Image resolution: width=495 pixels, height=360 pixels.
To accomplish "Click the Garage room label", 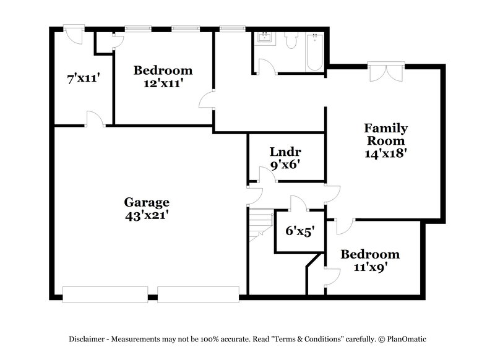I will tap(147, 202).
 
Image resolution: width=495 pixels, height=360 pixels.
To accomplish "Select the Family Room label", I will tap(385, 134).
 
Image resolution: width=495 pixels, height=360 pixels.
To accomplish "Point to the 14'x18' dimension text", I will tap(385, 153).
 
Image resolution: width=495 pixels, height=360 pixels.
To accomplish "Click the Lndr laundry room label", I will tap(285, 152).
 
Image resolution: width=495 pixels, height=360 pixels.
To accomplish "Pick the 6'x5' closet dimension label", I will tap(300, 231).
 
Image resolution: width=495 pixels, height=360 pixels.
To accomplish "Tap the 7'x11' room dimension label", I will tap(83, 79).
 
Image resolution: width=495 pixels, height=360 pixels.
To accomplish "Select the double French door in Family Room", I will tap(386, 72).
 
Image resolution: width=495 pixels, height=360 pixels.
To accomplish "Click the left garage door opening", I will tap(105, 294).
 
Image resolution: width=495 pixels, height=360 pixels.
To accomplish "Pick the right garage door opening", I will tap(198, 294).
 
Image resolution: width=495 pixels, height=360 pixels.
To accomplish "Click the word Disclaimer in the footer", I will tap(90, 339).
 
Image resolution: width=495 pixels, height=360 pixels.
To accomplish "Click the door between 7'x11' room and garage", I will tap(94, 120).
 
